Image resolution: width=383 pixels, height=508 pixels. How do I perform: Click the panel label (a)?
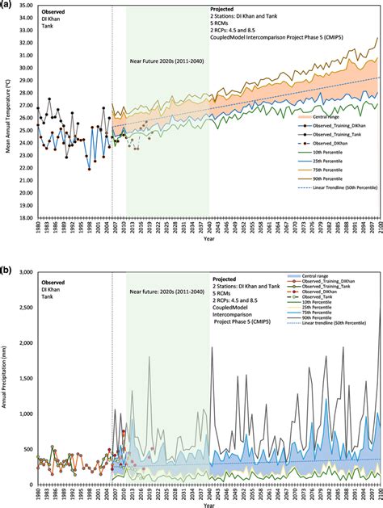click(x=6, y=5)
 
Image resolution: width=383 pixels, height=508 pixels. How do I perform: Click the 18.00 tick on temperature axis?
click(x=23, y=217)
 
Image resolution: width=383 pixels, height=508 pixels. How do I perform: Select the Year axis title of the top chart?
click(x=208, y=239)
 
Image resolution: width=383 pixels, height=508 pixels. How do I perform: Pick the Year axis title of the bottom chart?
click(x=208, y=505)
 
